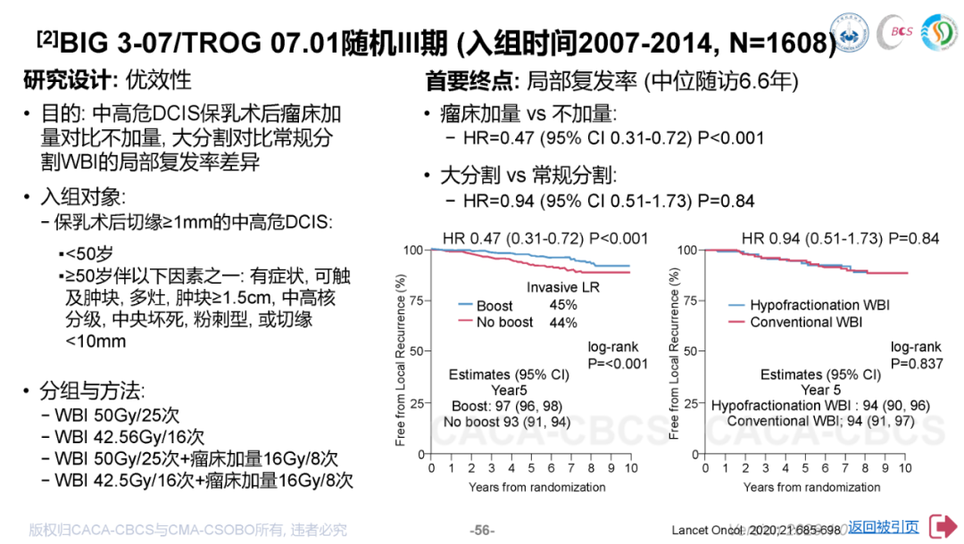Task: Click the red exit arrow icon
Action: click(x=943, y=526)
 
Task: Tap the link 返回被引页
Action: click(x=884, y=527)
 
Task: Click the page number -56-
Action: click(x=482, y=530)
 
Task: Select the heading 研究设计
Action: click(x=67, y=79)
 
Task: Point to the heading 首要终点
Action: click(x=471, y=81)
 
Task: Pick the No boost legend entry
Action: click(x=504, y=322)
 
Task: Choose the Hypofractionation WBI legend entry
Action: click(x=819, y=306)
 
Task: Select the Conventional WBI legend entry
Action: click(x=805, y=322)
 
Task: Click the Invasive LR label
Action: click(x=563, y=287)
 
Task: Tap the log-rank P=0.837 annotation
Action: click(x=916, y=355)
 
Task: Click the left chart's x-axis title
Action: click(x=536, y=487)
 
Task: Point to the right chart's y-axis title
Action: click(x=674, y=353)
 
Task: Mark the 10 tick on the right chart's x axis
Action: click(x=905, y=467)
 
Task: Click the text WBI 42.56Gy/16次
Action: click(x=129, y=437)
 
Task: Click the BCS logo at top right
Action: click(x=893, y=33)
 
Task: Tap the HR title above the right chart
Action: click(x=841, y=238)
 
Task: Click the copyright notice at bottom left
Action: click(x=187, y=530)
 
